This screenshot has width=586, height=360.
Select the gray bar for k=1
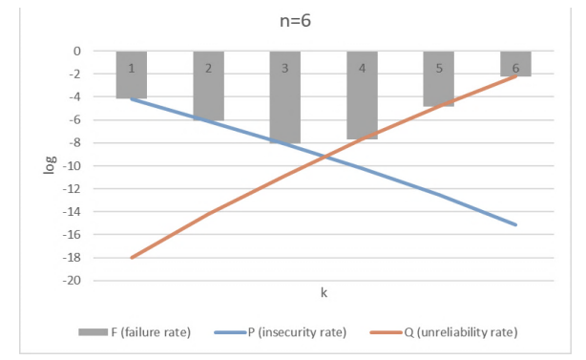pyautogui.click(x=131, y=75)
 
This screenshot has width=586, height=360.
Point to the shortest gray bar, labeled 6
pyautogui.click(x=515, y=64)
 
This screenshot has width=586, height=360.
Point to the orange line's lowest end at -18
pyautogui.click(x=132, y=258)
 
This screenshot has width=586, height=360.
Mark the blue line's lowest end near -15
pyautogui.click(x=516, y=225)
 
